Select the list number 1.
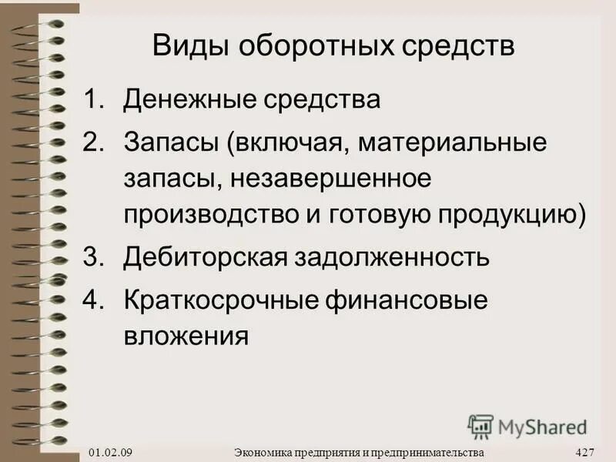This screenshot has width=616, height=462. tap(94, 100)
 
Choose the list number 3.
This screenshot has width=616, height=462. tap(94, 256)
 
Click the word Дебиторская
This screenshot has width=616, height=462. tap(204, 256)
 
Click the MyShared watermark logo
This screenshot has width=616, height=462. tap(527, 425)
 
